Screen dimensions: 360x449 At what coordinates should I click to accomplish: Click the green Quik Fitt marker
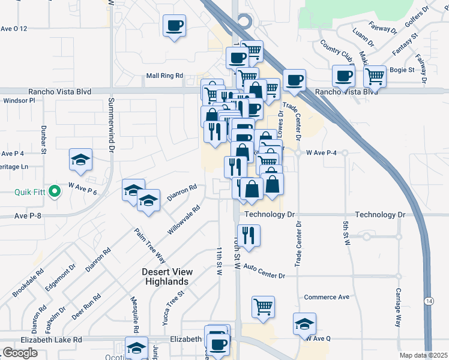54,192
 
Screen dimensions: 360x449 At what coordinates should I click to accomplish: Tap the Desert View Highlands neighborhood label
165,277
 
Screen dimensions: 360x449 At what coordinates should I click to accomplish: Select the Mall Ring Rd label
164,76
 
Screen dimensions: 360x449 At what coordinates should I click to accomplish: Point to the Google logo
20,353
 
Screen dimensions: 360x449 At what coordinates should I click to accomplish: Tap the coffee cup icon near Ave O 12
175,26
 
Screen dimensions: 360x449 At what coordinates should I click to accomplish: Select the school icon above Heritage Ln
80,160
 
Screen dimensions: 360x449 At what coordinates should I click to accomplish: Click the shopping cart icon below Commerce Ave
263,307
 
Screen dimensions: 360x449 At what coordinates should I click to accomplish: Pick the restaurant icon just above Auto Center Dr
247,234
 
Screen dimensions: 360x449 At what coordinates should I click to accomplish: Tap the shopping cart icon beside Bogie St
375,76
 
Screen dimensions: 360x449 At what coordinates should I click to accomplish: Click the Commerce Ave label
327,297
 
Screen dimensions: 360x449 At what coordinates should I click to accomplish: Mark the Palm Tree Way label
141,245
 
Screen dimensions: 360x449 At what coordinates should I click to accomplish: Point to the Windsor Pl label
19,101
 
